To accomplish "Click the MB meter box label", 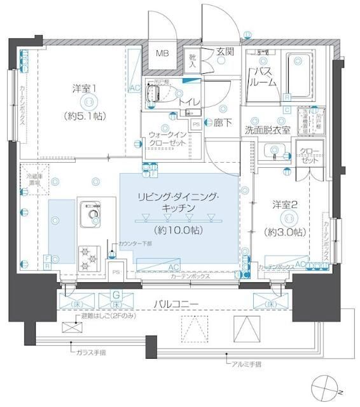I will (x=163, y=54).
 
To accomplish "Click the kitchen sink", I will (x=90, y=213).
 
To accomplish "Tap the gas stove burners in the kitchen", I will (x=88, y=257).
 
